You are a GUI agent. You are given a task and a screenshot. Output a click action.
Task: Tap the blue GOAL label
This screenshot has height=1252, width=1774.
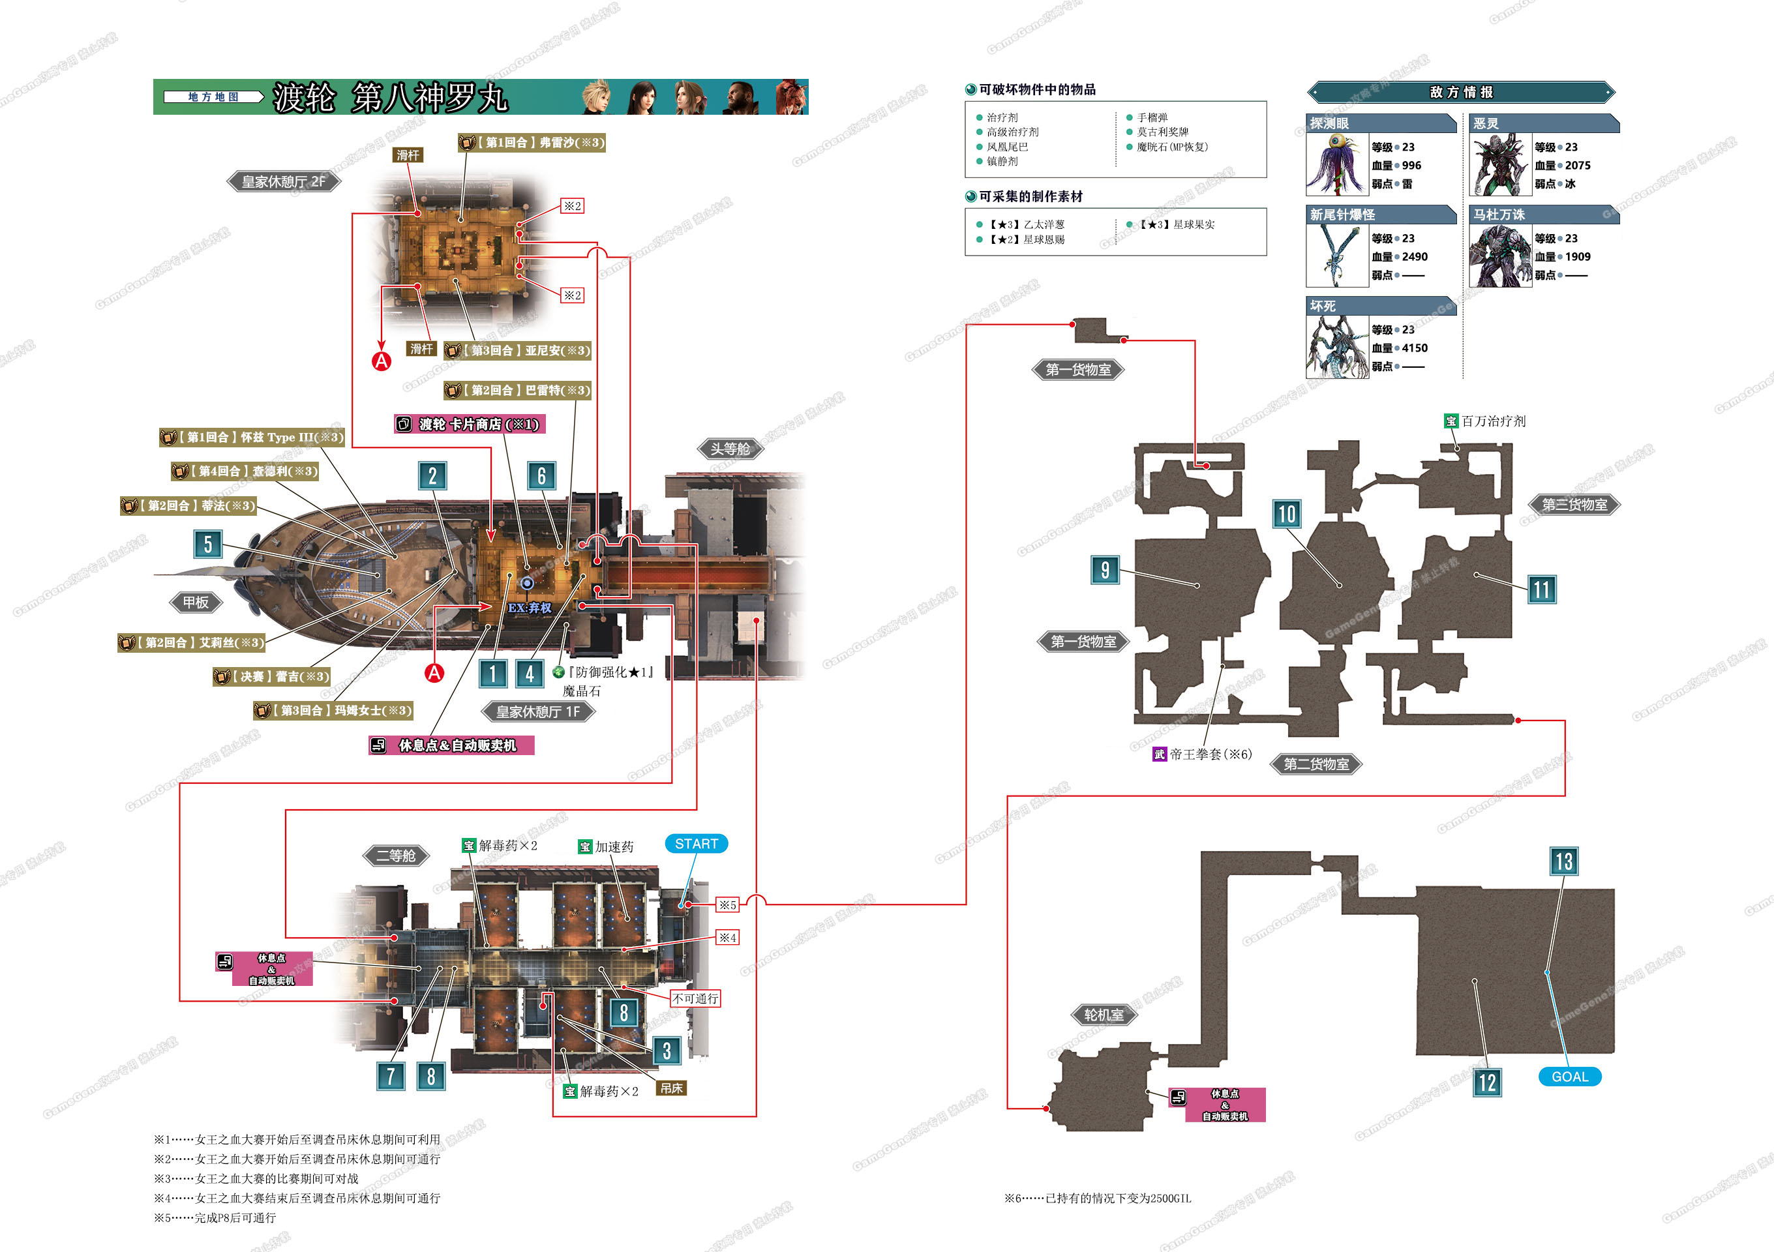click(1569, 1077)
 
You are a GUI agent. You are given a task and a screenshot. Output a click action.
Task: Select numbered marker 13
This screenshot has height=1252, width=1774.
click(1564, 861)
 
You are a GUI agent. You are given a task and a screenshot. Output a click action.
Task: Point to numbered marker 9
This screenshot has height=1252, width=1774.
click(1105, 570)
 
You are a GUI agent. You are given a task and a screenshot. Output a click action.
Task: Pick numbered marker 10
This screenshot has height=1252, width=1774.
click(1286, 514)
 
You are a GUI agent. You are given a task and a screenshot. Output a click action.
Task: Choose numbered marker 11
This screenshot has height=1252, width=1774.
click(1541, 590)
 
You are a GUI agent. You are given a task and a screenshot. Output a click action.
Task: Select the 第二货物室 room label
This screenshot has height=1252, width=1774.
click(1315, 764)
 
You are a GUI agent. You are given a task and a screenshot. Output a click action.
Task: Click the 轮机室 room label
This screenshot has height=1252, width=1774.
click(1104, 1015)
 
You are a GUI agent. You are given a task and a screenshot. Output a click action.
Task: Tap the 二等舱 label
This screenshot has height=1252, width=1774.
click(396, 856)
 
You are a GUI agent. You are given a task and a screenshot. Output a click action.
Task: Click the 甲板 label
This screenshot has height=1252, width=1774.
click(196, 603)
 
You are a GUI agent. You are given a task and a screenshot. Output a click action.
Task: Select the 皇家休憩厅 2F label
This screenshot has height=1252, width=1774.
click(283, 181)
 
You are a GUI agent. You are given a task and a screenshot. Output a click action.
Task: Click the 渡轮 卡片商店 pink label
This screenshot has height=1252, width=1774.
click(470, 424)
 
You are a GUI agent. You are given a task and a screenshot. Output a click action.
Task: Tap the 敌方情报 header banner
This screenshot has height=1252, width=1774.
click(1460, 93)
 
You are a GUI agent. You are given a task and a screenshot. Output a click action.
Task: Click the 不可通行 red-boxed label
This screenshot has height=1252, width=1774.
click(695, 998)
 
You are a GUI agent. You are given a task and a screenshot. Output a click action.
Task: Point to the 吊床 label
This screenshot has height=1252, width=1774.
click(670, 1088)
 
